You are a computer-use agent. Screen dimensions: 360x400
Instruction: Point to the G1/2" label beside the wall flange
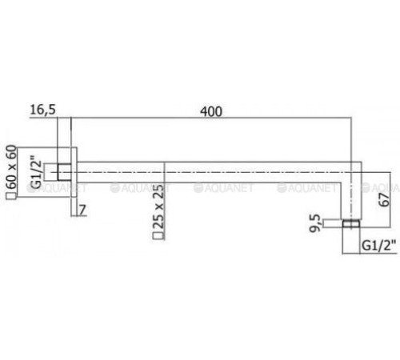pos(36,171)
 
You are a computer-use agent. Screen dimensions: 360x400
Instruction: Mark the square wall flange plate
pos(70,170)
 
